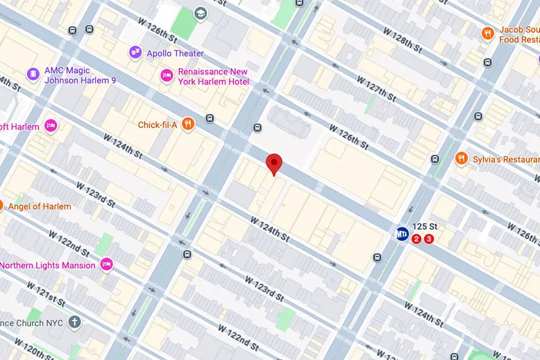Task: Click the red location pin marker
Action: [274, 163]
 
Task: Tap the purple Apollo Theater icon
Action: [135, 53]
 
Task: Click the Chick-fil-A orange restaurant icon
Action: [188, 125]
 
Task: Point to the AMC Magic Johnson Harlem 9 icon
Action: [34, 75]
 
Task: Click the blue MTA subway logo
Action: [401, 233]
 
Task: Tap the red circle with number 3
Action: [428, 239]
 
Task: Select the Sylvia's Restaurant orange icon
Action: [461, 159]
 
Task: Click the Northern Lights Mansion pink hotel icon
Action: [107, 265]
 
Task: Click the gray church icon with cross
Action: [74, 322]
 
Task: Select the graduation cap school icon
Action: [200, 13]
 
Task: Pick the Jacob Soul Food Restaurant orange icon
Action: [488, 34]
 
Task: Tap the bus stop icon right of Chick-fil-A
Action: [210, 118]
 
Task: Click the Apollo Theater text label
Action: [175, 53]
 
